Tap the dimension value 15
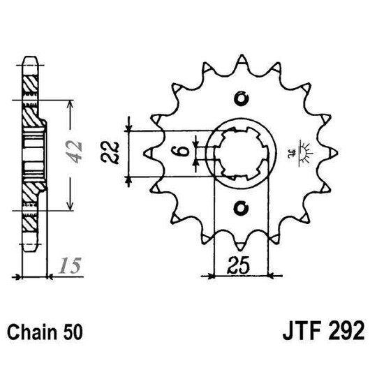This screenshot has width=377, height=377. [x=68, y=265]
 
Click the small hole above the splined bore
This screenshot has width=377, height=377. [x=242, y=97]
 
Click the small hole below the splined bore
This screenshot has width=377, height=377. [x=242, y=207]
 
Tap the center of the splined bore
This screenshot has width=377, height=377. [x=242, y=152]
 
